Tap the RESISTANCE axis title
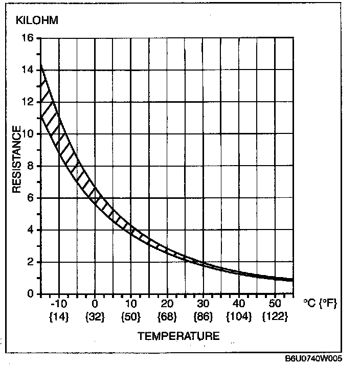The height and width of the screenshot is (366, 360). (x=17, y=159)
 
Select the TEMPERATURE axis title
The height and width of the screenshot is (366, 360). (x=178, y=336)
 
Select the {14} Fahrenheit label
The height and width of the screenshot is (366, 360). (x=59, y=317)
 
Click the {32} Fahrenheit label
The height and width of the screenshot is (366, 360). (x=95, y=317)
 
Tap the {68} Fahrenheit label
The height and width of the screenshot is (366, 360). (x=167, y=317)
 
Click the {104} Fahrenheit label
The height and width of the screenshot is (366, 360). (x=239, y=317)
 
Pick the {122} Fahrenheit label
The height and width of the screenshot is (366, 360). (x=275, y=317)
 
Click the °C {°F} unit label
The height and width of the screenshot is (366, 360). (x=321, y=304)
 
